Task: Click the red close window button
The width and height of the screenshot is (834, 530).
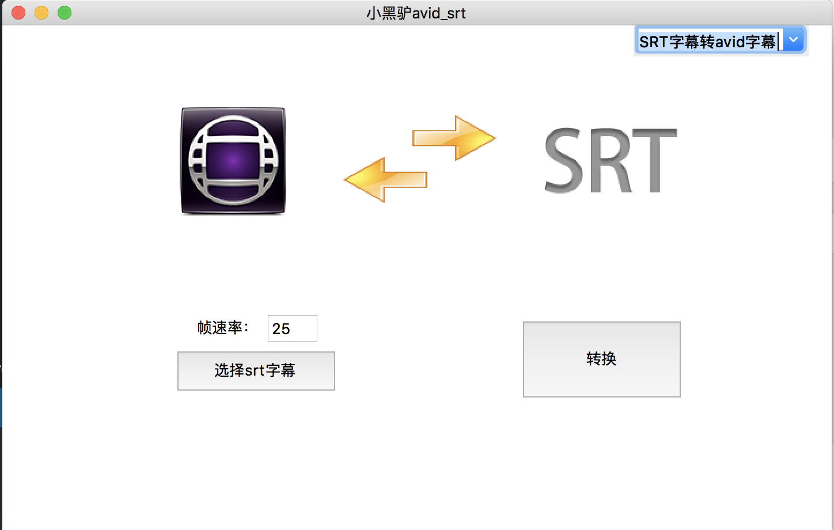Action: point(18,13)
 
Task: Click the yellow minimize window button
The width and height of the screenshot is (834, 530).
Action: point(41,13)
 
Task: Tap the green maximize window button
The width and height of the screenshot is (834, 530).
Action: point(65,13)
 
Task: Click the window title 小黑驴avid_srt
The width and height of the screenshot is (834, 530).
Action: point(416,13)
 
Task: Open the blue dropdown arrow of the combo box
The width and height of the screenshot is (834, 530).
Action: point(794,40)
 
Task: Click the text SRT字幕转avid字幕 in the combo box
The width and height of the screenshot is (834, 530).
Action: point(707,41)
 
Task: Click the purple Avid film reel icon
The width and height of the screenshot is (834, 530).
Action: point(233,161)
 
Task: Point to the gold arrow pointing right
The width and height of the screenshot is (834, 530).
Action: point(454,138)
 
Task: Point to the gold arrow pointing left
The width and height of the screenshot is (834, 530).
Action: point(385,180)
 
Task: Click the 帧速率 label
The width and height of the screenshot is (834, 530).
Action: point(223,328)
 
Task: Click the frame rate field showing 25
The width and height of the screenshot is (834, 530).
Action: point(292,328)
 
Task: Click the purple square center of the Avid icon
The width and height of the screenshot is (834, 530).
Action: point(233,161)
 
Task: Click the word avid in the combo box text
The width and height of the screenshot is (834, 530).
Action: point(730,41)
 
